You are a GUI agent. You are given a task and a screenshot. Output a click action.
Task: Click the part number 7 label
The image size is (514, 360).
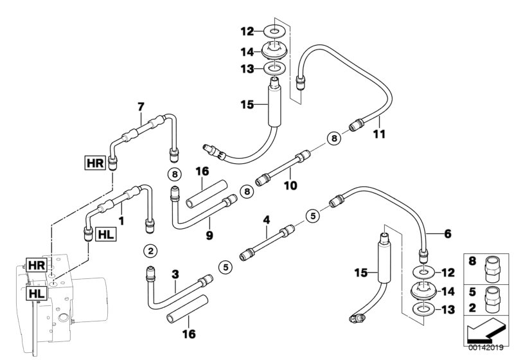[x=140, y=106]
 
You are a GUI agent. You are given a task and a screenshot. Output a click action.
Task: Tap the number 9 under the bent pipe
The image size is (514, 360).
[x=209, y=236]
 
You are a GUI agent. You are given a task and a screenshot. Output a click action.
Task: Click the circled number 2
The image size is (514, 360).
[x=150, y=250]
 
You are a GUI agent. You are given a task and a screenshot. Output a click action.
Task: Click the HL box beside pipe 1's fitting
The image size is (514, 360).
[x=105, y=235]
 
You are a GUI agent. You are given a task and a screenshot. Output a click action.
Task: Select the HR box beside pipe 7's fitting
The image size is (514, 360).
[x=94, y=161]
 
